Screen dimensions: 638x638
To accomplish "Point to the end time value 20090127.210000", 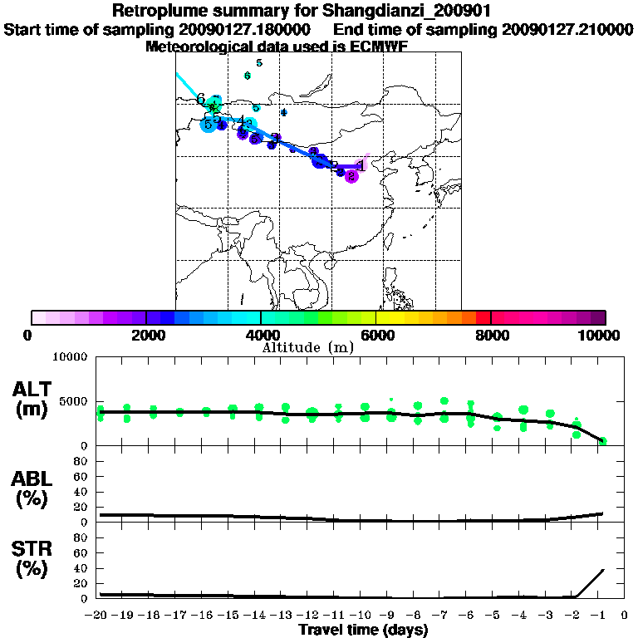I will coord(568,30).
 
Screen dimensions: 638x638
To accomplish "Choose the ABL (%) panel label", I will coord(32,488).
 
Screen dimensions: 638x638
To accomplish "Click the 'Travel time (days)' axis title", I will coord(363,630).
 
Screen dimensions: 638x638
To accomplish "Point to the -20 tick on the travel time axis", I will coord(100,616).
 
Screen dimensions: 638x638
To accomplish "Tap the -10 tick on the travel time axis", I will coord(364,616).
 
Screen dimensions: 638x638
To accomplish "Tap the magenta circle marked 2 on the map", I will coord(351,176).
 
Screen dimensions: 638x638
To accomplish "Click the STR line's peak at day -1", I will coord(601,570).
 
